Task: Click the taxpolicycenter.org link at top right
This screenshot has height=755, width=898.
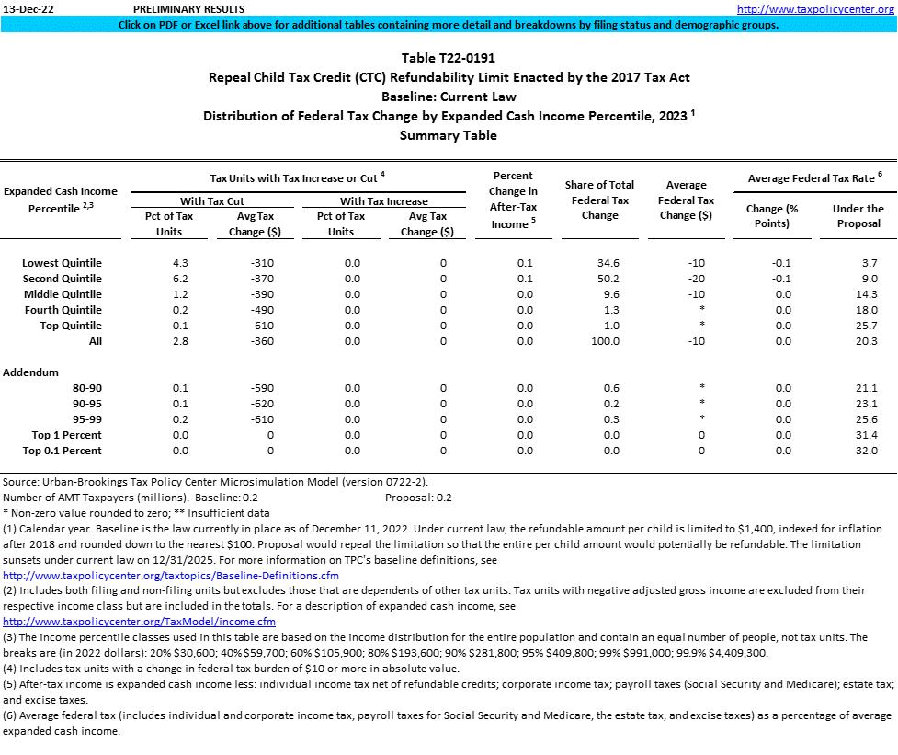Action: [x=815, y=8]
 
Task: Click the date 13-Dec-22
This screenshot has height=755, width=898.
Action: [x=26, y=8]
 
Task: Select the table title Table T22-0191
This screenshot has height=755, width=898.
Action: [x=449, y=58]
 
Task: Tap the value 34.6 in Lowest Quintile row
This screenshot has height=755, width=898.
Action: [x=608, y=263]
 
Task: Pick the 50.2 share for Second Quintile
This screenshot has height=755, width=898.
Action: [x=608, y=279]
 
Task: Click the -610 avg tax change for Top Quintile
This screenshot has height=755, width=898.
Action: [x=261, y=326]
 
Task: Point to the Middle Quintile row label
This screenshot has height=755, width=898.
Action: [x=63, y=294]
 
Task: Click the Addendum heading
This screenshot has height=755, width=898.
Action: [x=30, y=372]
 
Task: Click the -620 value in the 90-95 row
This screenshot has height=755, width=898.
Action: [x=261, y=404]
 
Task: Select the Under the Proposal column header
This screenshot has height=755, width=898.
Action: [x=858, y=215]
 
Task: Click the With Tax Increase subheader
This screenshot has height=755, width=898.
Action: [x=383, y=200]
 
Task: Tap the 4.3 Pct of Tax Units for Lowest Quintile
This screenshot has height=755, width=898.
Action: [x=180, y=263]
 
